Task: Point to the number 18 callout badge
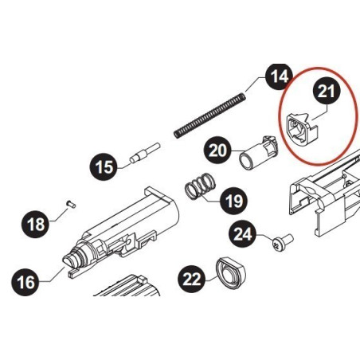click(37, 225)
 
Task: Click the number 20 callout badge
click(218, 149)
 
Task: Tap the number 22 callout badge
click(192, 278)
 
